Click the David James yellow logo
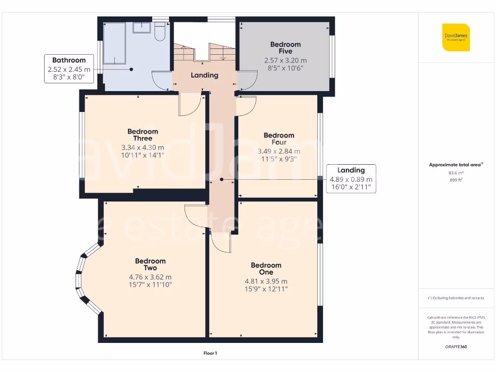tap(456, 37)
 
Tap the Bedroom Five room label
tap(285, 48)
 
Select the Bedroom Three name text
tap(143, 135)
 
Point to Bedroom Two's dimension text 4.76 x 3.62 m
tap(150, 277)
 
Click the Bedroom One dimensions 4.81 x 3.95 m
tap(266, 281)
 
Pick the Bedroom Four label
tap(279, 139)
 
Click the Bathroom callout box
tap(69, 69)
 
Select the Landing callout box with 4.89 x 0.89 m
tap(351, 179)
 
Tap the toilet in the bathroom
tap(160, 33)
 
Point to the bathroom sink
tap(141, 28)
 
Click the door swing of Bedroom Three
tap(189, 105)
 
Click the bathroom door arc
tap(161, 80)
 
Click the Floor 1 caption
tap(210, 354)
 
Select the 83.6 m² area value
tap(456, 173)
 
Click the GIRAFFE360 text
tap(456, 347)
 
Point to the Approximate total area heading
tap(456, 165)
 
